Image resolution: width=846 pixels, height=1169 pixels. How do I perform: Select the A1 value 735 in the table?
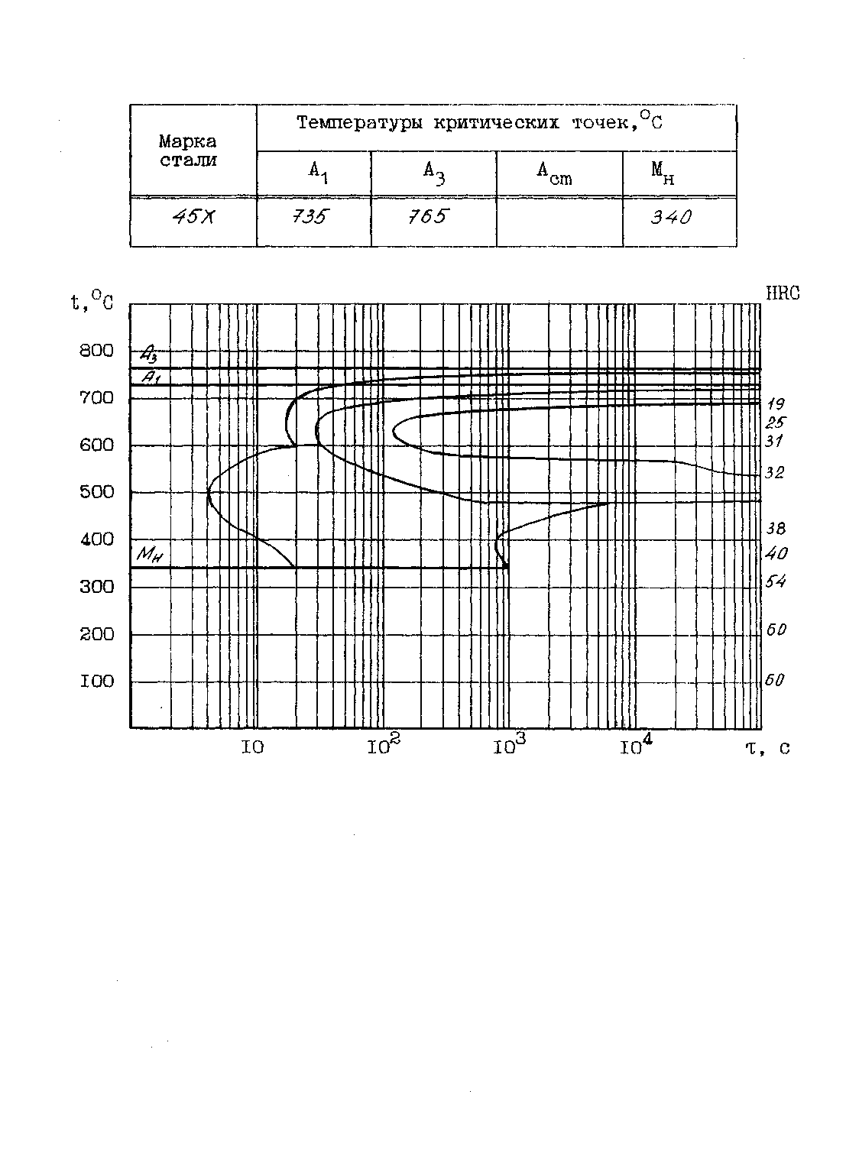[309, 217]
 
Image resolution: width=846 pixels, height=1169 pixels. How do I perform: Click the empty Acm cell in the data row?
[559, 222]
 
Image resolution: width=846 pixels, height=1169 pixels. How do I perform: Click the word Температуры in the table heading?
[360, 122]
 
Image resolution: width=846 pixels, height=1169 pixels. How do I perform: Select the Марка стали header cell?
[188, 151]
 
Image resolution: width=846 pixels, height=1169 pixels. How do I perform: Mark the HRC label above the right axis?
[782, 293]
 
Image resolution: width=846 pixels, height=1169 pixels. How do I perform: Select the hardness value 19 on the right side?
[775, 404]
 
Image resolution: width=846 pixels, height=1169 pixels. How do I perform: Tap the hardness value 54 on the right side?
[776, 582]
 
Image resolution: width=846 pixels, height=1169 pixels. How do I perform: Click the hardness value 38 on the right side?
[776, 529]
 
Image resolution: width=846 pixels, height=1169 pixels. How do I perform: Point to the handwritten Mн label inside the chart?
[149, 555]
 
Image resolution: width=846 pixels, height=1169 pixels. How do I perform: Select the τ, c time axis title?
[767, 747]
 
